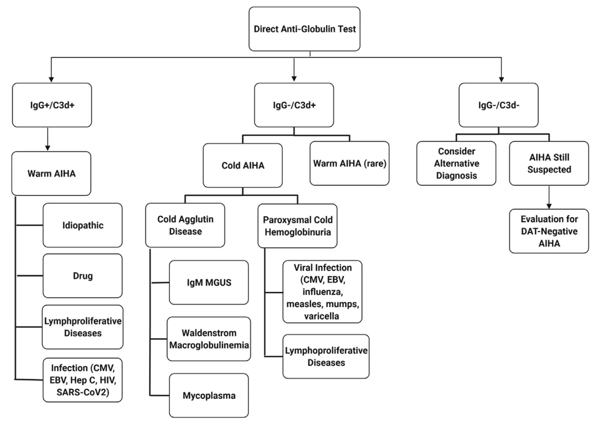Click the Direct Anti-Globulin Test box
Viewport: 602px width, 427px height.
(304, 29)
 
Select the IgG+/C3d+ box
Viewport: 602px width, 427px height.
(52, 105)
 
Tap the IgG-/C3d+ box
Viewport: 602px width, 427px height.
(294, 105)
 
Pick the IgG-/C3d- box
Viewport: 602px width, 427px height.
(498, 105)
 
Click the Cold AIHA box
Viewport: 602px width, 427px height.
(243, 165)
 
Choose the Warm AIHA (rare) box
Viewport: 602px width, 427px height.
(349, 163)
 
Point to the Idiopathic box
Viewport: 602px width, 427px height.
(83, 225)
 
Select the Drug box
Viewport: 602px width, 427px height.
(83, 276)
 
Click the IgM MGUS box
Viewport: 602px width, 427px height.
(209, 282)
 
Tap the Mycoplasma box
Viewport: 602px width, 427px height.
(209, 395)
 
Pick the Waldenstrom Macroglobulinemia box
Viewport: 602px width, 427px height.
(209, 339)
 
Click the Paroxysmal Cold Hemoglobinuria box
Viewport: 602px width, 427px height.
(298, 226)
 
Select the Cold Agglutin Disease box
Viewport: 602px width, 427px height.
(185, 225)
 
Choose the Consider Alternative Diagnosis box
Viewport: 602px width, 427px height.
(456, 163)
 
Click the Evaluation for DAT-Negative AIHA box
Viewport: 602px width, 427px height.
(549, 231)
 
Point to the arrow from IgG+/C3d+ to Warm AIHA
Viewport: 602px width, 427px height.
(48, 139)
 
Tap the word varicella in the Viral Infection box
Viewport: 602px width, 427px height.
(321, 316)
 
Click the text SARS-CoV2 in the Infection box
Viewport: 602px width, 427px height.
(83, 392)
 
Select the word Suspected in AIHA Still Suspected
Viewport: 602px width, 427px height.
(549, 170)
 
